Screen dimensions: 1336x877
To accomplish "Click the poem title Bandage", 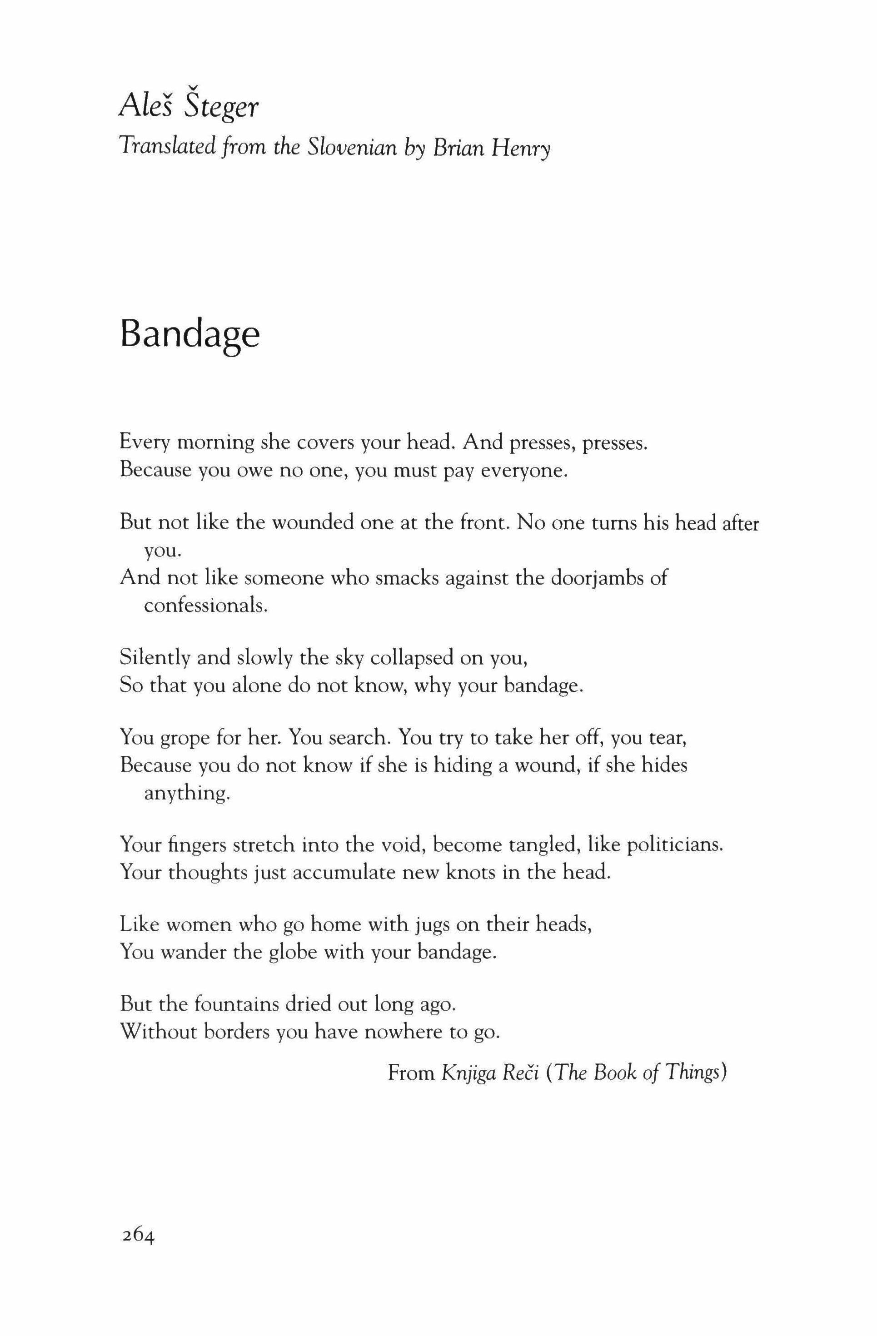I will [190, 335].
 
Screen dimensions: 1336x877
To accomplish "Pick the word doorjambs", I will [596, 578].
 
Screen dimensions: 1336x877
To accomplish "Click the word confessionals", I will [205, 606].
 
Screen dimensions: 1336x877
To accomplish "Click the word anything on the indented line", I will [187, 794].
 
